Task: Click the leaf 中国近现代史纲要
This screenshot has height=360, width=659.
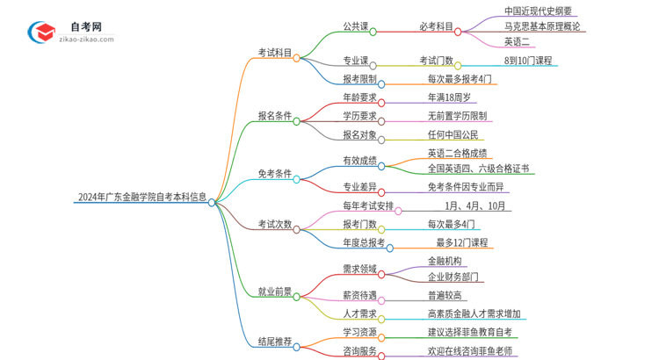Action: (538, 11)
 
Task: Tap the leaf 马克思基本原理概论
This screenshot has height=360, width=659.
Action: (541, 26)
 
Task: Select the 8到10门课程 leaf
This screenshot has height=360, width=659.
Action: (528, 61)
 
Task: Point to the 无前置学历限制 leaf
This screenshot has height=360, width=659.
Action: (457, 115)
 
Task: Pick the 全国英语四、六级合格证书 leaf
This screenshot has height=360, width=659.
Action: (478, 168)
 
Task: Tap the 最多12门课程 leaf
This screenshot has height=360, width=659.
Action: (461, 242)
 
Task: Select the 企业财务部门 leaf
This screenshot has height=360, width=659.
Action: (453, 277)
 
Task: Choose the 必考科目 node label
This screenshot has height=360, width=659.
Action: (436, 27)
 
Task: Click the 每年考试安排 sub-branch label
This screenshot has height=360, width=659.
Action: (367, 206)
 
